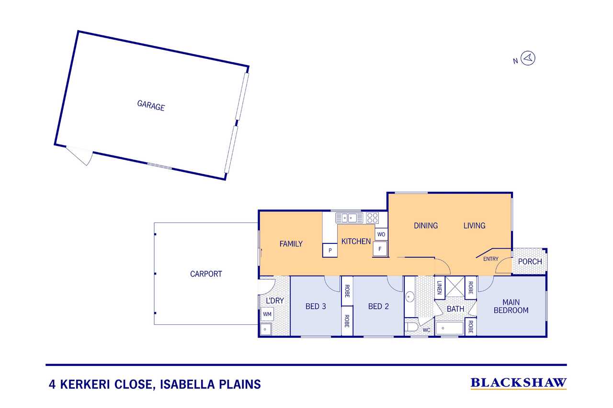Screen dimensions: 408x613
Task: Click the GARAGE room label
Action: click(x=151, y=105)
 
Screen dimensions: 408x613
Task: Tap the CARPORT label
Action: click(x=206, y=274)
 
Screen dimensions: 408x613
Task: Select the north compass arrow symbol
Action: click(x=528, y=58)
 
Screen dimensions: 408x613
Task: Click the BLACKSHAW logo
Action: click(x=519, y=383)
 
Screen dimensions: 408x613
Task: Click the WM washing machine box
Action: click(x=267, y=314)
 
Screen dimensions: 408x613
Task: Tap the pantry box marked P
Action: click(x=330, y=250)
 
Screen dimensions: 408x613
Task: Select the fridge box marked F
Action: click(x=380, y=249)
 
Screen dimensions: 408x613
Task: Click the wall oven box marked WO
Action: click(x=381, y=234)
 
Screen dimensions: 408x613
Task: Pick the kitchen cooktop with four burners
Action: click(x=373, y=218)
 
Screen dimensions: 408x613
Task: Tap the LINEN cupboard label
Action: click(x=439, y=288)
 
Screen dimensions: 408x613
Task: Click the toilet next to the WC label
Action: click(x=411, y=328)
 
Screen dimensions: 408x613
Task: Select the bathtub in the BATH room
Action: click(x=450, y=329)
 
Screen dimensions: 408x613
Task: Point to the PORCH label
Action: click(x=530, y=262)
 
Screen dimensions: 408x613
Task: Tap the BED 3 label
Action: click(x=316, y=306)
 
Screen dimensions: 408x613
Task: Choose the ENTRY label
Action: click(x=491, y=259)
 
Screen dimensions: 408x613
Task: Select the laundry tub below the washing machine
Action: click(x=265, y=330)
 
